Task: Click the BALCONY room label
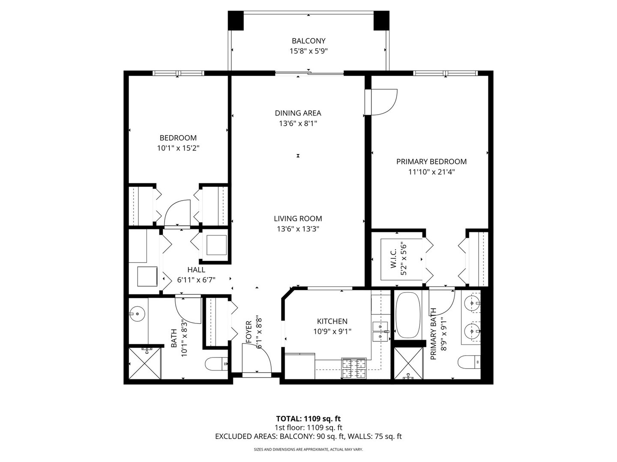308,41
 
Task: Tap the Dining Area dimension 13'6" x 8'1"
298,124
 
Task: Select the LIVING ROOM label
298,219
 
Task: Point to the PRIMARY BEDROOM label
431,162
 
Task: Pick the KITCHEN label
332,321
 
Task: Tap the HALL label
196,270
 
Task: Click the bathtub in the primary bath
408,315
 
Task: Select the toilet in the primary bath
469,362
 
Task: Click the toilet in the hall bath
216,364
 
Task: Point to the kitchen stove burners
353,368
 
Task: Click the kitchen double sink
380,331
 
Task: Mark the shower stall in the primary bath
408,363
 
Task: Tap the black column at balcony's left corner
236,21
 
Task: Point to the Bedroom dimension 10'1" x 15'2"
178,148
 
